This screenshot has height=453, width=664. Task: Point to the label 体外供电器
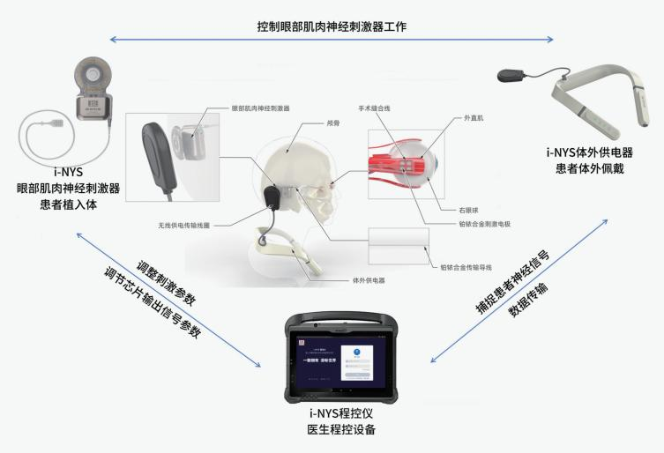[x=368, y=280]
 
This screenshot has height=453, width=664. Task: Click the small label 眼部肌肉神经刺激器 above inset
[x=260, y=108]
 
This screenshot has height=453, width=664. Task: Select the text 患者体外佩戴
[x=583, y=167]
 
